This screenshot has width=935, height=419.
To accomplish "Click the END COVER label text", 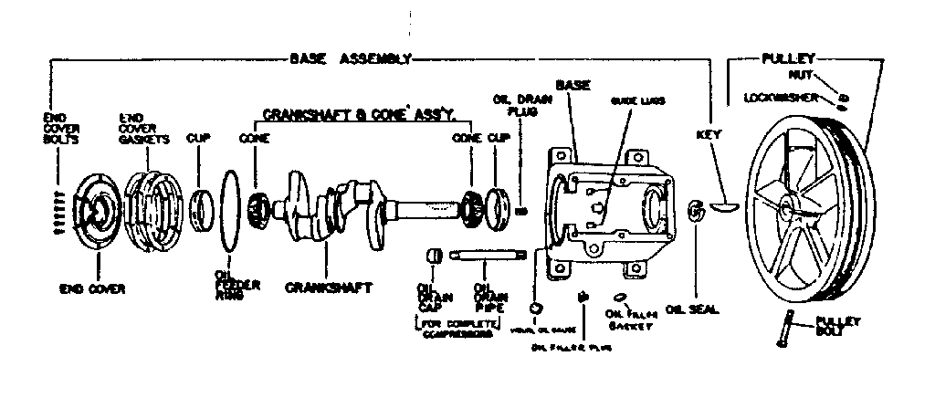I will coord(92,288).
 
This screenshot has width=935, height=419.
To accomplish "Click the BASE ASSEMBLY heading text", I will coord(350,58).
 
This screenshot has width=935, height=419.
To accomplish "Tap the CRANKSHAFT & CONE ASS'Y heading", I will coord(365,115).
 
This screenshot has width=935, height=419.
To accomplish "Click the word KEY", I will coord(709,134).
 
